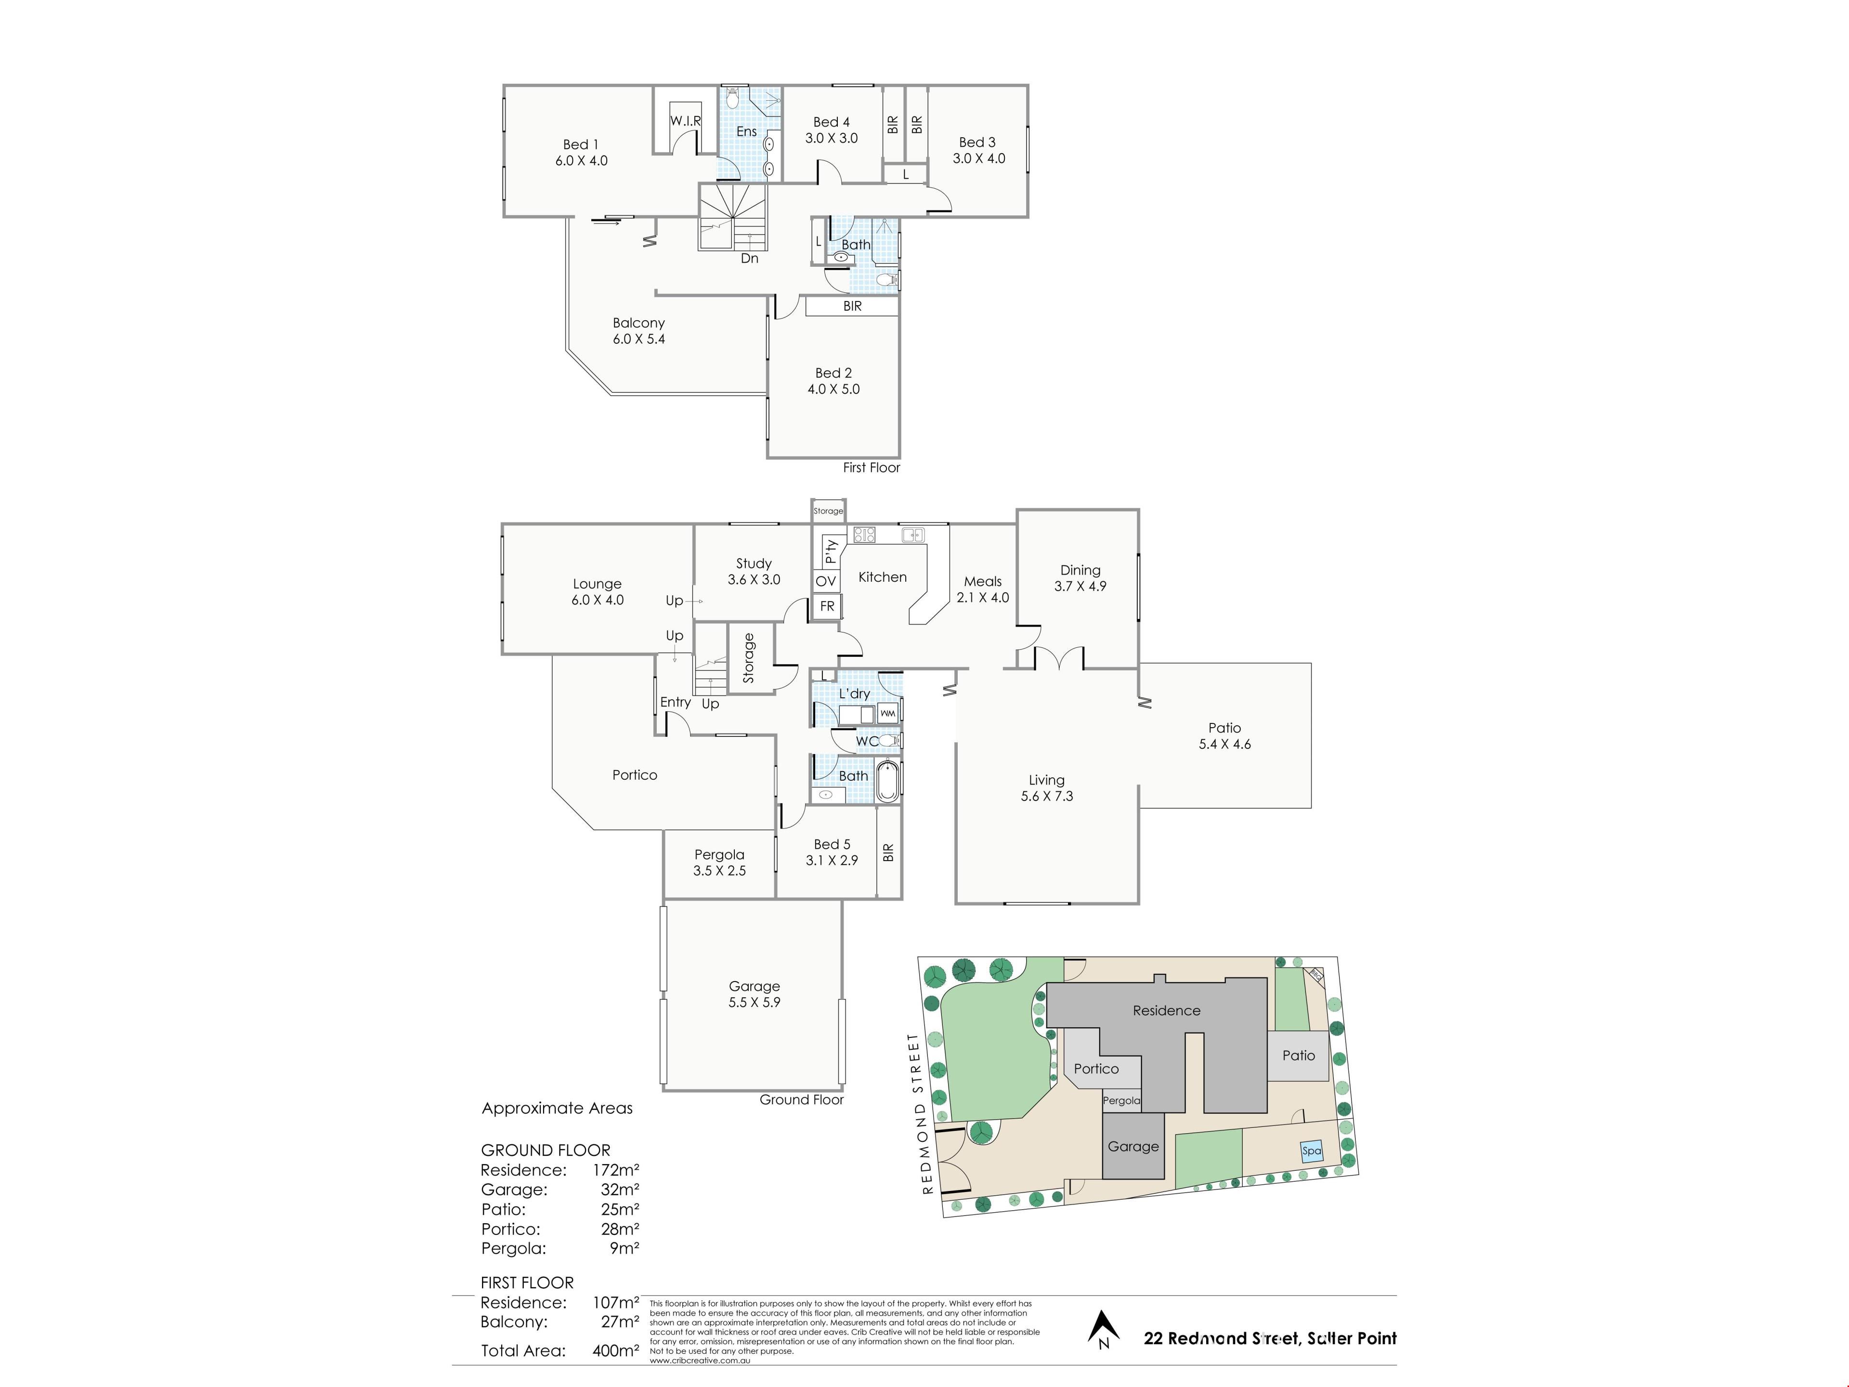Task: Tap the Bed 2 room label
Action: coord(833,380)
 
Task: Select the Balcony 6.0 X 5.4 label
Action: coord(638,330)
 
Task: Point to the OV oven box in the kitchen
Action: coord(826,581)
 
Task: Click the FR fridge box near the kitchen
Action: coord(827,606)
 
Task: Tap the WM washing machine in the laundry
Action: coord(888,713)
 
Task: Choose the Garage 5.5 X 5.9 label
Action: coord(754,994)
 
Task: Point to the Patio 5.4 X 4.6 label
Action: coord(1224,736)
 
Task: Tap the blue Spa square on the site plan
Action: coord(1312,1151)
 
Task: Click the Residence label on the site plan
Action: coord(1166,1011)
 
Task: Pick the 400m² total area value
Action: coord(616,1350)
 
